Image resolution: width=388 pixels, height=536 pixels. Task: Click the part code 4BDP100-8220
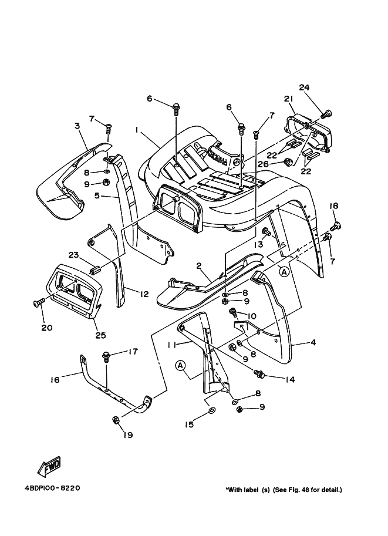point(52,488)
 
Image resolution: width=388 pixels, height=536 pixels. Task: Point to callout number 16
point(54,380)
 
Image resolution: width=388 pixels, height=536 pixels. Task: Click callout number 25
point(100,335)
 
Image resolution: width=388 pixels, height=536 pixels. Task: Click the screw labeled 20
point(39,302)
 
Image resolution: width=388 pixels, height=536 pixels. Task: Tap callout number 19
point(127,435)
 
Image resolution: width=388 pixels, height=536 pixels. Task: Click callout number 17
point(133,352)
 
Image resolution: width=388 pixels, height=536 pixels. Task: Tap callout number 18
point(333,206)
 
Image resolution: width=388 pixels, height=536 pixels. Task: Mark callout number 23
point(73,255)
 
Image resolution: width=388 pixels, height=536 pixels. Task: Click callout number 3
point(77,126)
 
